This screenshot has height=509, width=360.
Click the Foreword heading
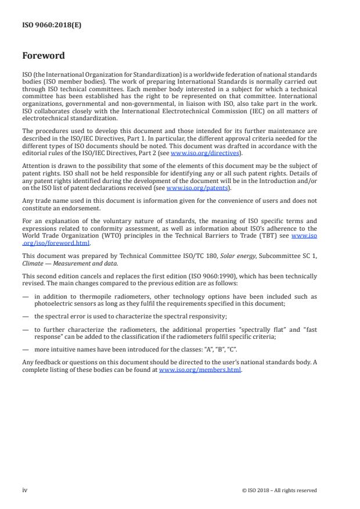coord(43,56)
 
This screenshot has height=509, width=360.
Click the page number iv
coord(25,490)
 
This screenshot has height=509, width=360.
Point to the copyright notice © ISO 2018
coord(279,490)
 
